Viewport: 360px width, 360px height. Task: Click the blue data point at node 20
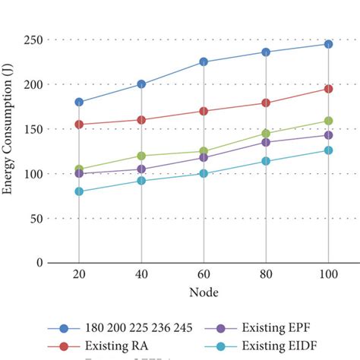tap(79, 102)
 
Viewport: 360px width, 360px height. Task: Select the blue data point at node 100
tap(328, 44)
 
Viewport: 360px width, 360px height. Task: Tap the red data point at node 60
tap(204, 111)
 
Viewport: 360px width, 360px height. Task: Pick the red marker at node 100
tap(328, 89)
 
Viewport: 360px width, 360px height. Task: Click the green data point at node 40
tap(141, 156)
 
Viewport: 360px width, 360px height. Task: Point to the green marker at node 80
tap(266, 134)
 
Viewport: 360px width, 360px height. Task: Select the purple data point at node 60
tap(204, 157)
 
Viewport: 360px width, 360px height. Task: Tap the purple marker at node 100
tap(328, 135)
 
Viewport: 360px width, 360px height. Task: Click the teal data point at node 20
tap(79, 191)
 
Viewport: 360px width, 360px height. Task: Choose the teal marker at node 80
tap(266, 161)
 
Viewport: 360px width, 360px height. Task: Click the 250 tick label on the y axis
tap(33, 39)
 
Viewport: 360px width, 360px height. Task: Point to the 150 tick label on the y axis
tap(33, 129)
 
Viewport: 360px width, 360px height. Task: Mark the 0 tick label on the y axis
tap(39, 263)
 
